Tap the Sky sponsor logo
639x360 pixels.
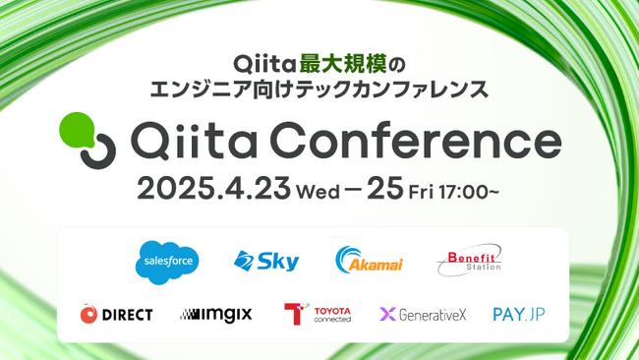pyautogui.click(x=266, y=261)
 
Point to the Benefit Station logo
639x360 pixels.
pyautogui.click(x=469, y=260)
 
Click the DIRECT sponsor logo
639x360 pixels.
pyautogui.click(x=117, y=315)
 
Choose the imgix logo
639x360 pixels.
pyautogui.click(x=216, y=315)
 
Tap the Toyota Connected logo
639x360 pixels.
pyautogui.click(x=317, y=315)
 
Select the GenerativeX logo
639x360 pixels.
pyautogui.click(x=422, y=315)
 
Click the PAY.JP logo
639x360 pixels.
pyautogui.click(x=520, y=315)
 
